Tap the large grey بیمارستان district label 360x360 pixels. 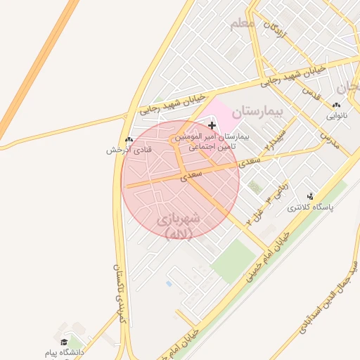257,111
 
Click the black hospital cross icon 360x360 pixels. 212,125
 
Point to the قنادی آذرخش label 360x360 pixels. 120,150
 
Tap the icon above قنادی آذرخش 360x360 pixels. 129,139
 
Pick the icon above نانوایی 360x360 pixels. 335,105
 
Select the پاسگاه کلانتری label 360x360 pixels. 311,207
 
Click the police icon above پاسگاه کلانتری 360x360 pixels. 311,196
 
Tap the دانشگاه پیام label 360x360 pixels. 64,352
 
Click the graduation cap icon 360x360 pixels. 64,342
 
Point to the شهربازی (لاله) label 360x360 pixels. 179,225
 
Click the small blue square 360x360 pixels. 169,283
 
